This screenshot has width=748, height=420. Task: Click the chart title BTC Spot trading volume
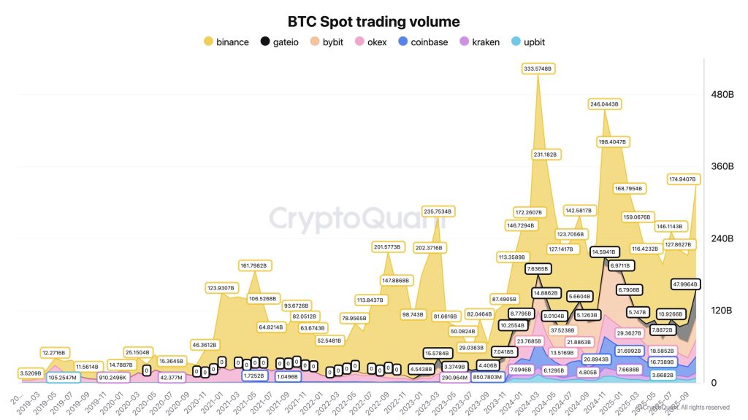(x=373, y=23)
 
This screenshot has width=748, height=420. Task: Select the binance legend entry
(x=226, y=42)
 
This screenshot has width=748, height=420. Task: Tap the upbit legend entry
(x=533, y=42)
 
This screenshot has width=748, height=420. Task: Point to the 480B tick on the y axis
(x=722, y=95)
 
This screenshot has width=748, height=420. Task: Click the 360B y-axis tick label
(x=722, y=166)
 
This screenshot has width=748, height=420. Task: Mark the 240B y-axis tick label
(x=722, y=238)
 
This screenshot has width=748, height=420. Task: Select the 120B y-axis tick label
(x=722, y=311)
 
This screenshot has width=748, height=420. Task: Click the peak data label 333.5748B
(x=539, y=69)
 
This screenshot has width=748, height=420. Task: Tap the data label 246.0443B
(x=604, y=104)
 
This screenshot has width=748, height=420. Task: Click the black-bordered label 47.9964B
(x=684, y=284)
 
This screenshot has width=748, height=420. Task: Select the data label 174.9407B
(x=684, y=179)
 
